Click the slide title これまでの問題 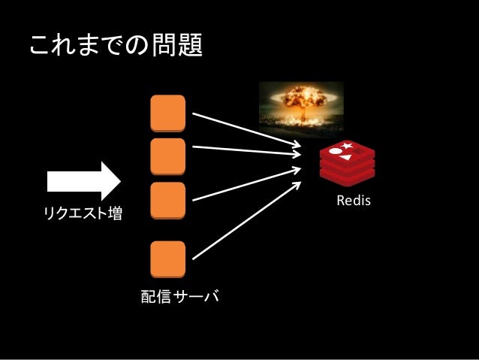tap(116, 46)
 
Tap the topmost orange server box tap(167, 113)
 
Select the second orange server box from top tap(167, 156)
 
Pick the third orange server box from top tap(167, 199)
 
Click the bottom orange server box tap(167, 259)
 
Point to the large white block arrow tap(83, 180)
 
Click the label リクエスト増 tap(83, 215)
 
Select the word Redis tap(354, 201)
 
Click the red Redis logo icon tap(346, 163)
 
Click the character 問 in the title tap(164, 46)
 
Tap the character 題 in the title tap(190, 46)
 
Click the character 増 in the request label tap(116, 215)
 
